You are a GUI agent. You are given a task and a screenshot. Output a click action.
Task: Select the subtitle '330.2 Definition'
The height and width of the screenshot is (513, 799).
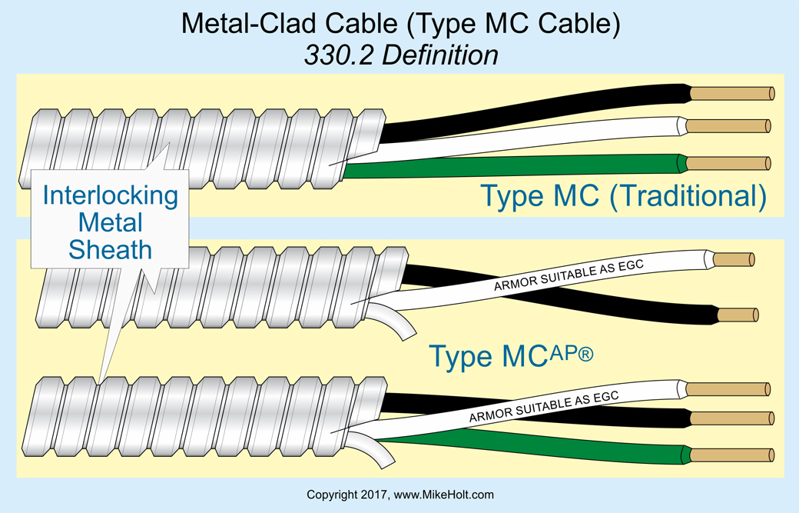pos(399,55)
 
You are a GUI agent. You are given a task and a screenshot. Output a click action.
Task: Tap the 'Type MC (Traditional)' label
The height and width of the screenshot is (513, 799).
pos(623,195)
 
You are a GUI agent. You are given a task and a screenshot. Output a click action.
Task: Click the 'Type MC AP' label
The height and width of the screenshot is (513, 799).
pos(510,355)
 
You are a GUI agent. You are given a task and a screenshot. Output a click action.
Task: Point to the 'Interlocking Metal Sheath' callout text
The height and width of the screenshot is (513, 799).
pos(110,222)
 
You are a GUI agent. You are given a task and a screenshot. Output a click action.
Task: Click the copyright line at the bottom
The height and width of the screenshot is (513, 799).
pos(399,495)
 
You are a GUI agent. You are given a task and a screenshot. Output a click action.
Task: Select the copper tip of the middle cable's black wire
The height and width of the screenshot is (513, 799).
pos(738,315)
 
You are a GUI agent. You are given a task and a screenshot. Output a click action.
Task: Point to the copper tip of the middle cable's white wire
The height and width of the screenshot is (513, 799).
pos(734,260)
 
